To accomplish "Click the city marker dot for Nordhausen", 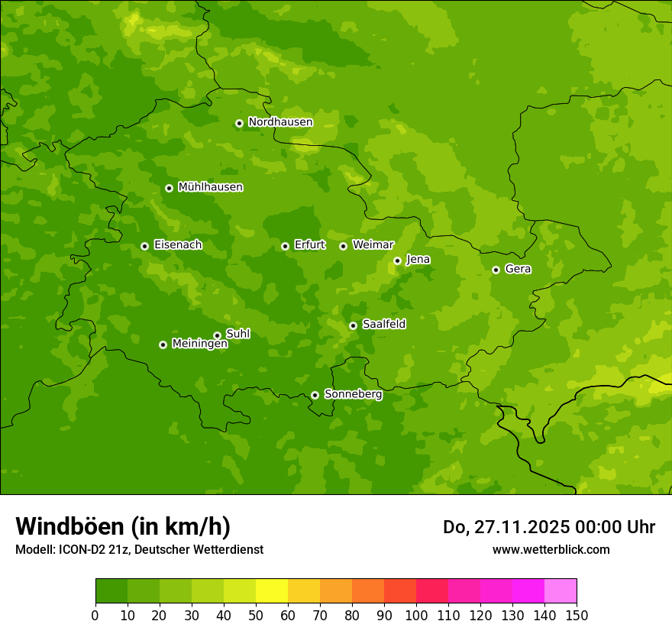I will tap(239, 123).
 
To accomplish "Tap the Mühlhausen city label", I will tap(210, 187).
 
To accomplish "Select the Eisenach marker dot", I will tap(144, 246).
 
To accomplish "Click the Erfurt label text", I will tap(309, 245).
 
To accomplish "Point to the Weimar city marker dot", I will tap(343, 246).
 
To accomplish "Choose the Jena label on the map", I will tap(418, 260).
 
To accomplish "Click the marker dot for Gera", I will tap(496, 270).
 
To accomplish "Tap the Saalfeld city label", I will tap(383, 325).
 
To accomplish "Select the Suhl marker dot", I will tap(217, 335).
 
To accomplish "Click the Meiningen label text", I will tap(199, 344).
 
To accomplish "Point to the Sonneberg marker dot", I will tap(315, 395).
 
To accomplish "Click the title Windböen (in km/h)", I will tap(123, 526).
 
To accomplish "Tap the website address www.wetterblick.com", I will tap(551, 549).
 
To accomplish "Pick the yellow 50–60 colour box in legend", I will tap(272, 591).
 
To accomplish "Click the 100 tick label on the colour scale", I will tap(416, 615).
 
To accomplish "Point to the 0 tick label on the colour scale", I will tap(95, 615).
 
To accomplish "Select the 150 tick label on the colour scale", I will tap(577, 615).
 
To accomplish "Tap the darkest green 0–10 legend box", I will tap(111, 591).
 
